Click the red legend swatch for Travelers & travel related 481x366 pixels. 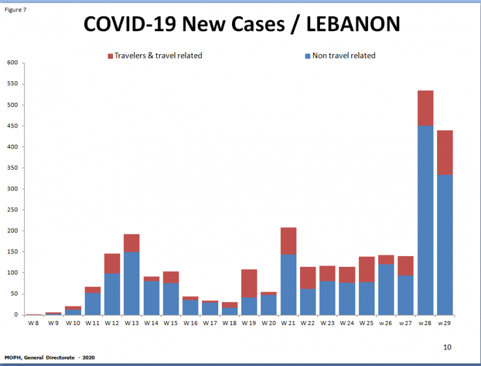tap(111, 56)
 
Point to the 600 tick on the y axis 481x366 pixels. tap(12, 63)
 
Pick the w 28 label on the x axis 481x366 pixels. tap(425, 323)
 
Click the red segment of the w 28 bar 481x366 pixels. tap(425, 108)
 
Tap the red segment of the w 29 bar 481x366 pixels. tap(445, 153)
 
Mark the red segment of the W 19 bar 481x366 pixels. tap(249, 283)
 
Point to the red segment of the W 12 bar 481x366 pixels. tap(111, 263)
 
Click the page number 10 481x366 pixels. tap(447, 347)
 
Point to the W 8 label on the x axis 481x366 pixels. tap(34, 323)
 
